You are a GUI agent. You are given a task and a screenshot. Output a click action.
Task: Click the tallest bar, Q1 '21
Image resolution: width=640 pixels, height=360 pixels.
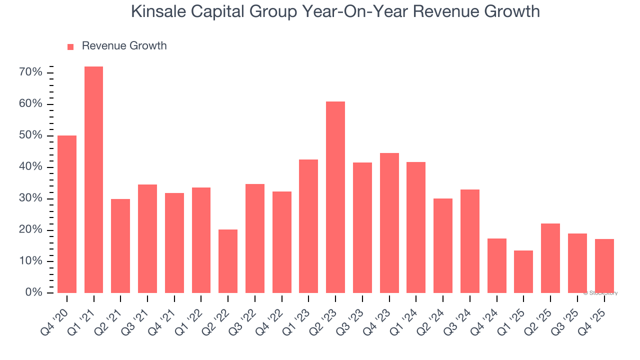(93, 179)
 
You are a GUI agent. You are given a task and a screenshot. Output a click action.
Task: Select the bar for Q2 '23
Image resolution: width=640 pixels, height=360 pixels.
(335, 197)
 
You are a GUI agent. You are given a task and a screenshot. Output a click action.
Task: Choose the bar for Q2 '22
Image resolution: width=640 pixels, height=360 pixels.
(228, 261)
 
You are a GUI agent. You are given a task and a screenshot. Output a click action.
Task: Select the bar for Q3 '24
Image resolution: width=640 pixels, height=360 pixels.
(470, 241)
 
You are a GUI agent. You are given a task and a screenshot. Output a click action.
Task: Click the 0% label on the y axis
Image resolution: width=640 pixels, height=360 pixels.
(34, 292)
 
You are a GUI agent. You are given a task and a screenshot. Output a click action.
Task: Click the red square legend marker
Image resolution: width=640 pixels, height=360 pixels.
(70, 46)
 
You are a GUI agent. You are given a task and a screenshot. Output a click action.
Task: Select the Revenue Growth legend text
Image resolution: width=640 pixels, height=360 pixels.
(124, 46)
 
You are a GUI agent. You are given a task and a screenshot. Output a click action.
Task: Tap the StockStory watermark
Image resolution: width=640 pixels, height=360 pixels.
(600, 293)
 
